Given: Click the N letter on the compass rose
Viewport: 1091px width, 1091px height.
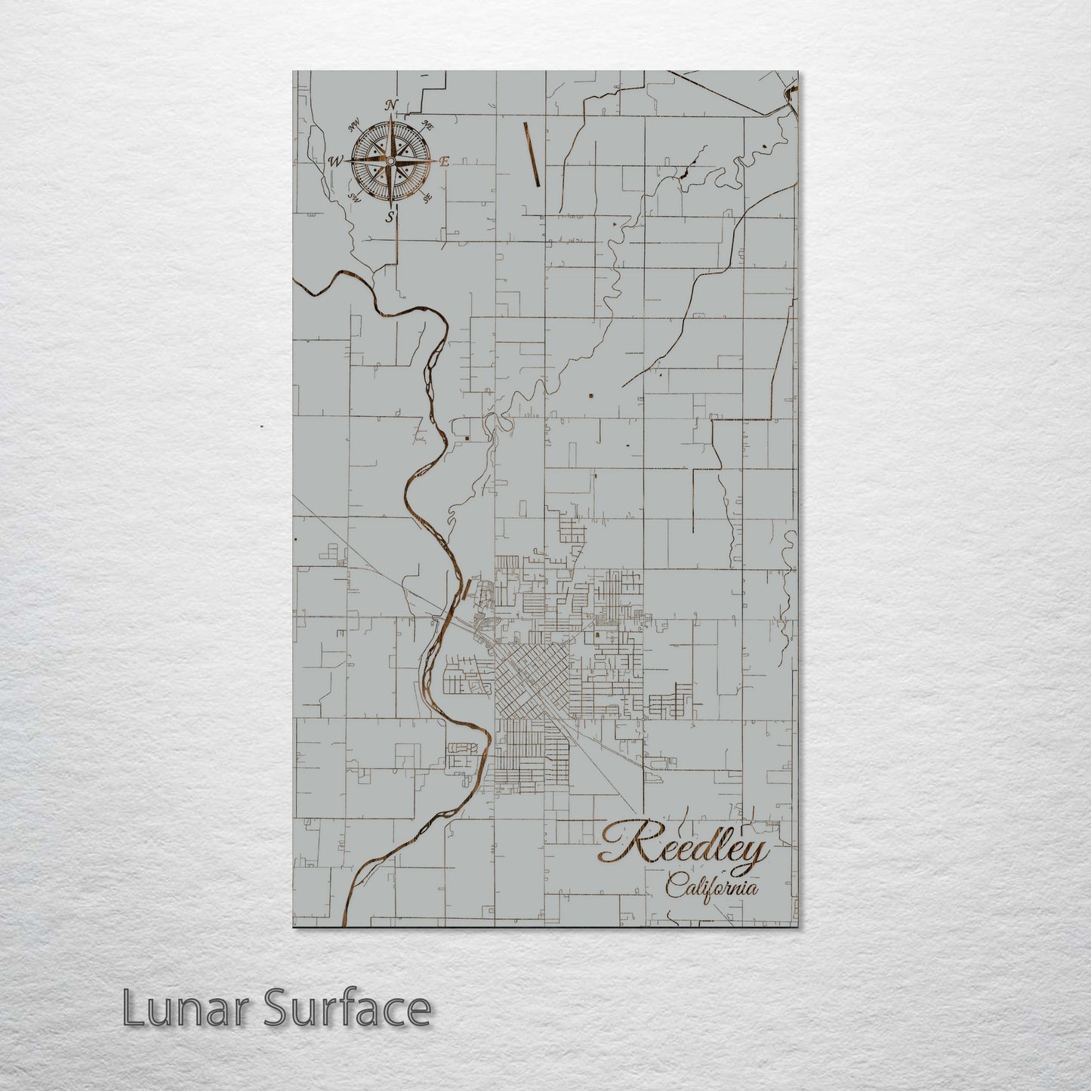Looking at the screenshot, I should [391, 105].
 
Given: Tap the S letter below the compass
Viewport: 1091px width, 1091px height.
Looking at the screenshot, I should [390, 217].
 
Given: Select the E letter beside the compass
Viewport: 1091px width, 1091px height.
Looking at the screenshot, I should [444, 161].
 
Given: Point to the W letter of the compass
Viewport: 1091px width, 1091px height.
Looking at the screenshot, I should [334, 161].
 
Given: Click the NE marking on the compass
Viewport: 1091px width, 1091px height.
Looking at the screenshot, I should [427, 125].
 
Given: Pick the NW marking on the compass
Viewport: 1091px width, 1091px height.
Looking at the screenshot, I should [353, 126].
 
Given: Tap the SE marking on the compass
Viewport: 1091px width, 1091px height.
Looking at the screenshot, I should [427, 198].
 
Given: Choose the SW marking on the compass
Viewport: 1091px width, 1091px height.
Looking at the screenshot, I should [353, 198].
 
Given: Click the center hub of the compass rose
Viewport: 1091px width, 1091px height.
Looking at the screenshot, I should [390, 161].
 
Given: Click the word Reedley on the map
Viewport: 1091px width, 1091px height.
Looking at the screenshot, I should [683, 848].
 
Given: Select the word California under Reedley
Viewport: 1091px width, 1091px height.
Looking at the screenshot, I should [712, 888].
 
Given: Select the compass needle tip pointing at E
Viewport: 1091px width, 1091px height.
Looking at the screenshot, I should [433, 161].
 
